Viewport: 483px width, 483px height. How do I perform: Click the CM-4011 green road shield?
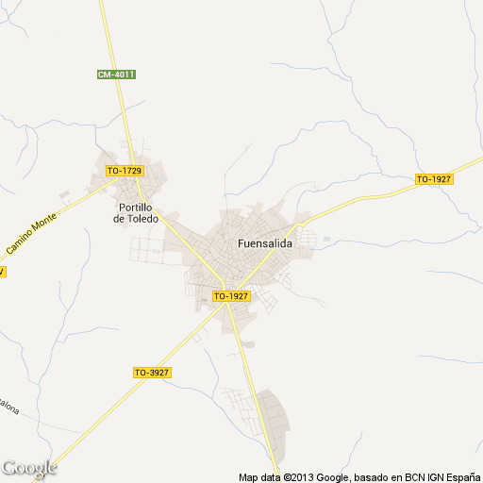click(x=116, y=75)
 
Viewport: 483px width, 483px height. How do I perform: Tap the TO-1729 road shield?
click(x=124, y=171)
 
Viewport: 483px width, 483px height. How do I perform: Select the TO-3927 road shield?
click(x=151, y=373)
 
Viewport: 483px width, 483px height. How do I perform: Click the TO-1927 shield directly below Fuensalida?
click(x=231, y=296)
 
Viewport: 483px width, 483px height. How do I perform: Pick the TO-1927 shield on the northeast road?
click(x=434, y=179)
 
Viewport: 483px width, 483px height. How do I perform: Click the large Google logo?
click(x=29, y=468)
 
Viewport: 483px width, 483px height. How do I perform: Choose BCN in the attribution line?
click(x=408, y=476)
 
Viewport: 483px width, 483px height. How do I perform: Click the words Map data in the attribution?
click(x=258, y=476)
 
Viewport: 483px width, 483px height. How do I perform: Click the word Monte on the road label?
click(x=44, y=223)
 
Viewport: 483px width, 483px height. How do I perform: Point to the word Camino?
click(x=19, y=244)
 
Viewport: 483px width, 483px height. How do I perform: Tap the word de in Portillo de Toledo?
click(x=118, y=219)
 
